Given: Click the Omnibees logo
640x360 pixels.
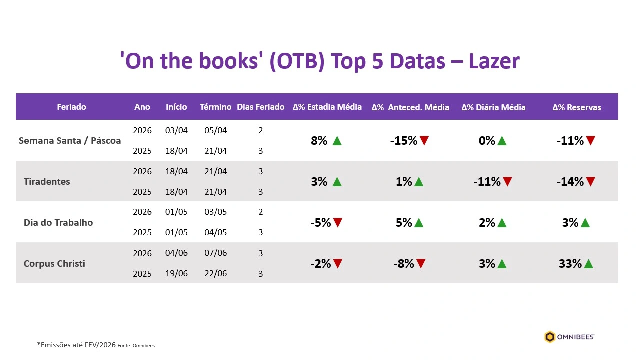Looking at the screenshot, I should pos(569,337).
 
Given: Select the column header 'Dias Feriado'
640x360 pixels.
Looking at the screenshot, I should pos(260,107).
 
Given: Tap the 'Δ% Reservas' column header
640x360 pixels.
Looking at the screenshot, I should pos(576,107).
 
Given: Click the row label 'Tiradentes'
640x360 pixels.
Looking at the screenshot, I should pos(47,181).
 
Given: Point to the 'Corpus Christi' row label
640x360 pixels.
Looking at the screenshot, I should pos(54,263).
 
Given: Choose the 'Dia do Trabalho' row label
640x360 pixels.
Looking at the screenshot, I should pos(58,222).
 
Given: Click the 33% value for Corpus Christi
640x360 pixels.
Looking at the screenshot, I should pos(570,263).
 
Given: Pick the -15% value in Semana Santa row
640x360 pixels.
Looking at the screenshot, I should pos(403,141).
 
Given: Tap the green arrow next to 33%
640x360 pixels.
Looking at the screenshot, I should pos(588,263).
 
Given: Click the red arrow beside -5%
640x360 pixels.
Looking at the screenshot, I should pos(338,222).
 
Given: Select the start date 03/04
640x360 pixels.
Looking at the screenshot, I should pos(176,130).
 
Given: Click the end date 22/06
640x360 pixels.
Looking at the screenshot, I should pos(215,273).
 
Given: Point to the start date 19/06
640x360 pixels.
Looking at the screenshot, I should pos(176,273).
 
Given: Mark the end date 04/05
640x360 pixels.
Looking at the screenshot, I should pos(215,232).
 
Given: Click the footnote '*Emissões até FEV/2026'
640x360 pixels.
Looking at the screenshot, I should pos(76,345).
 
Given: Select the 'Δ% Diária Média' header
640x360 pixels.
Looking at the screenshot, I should pos(493,107).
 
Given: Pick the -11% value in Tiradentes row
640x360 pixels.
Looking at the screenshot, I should pos(487,182).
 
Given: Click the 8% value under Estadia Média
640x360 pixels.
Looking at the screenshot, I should pos(319,141).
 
